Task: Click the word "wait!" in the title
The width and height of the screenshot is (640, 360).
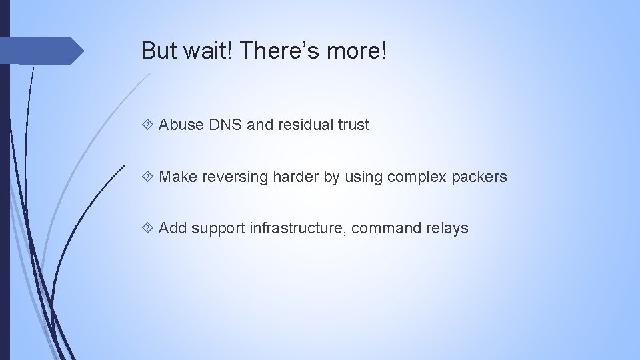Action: click(203, 51)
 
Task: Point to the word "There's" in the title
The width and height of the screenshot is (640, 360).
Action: click(276, 51)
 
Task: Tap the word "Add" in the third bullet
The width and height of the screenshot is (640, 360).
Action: click(173, 229)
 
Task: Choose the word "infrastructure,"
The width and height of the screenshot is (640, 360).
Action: click(298, 229)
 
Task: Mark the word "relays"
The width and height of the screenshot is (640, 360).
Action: click(447, 229)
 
